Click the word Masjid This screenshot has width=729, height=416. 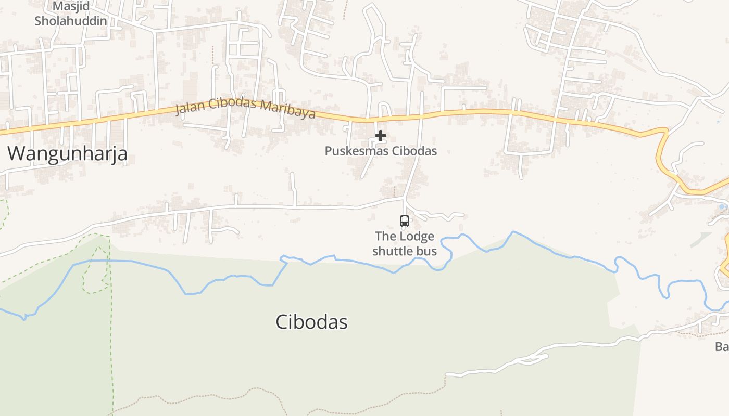(x=71, y=7)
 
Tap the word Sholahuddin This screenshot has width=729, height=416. (x=71, y=21)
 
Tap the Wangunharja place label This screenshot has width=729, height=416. (x=68, y=154)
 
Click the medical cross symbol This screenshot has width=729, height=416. (x=381, y=136)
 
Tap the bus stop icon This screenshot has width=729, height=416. (x=405, y=220)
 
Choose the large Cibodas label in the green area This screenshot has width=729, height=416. (x=311, y=322)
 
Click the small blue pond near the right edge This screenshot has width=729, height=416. (x=722, y=207)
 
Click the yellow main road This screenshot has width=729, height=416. (x=469, y=111)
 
